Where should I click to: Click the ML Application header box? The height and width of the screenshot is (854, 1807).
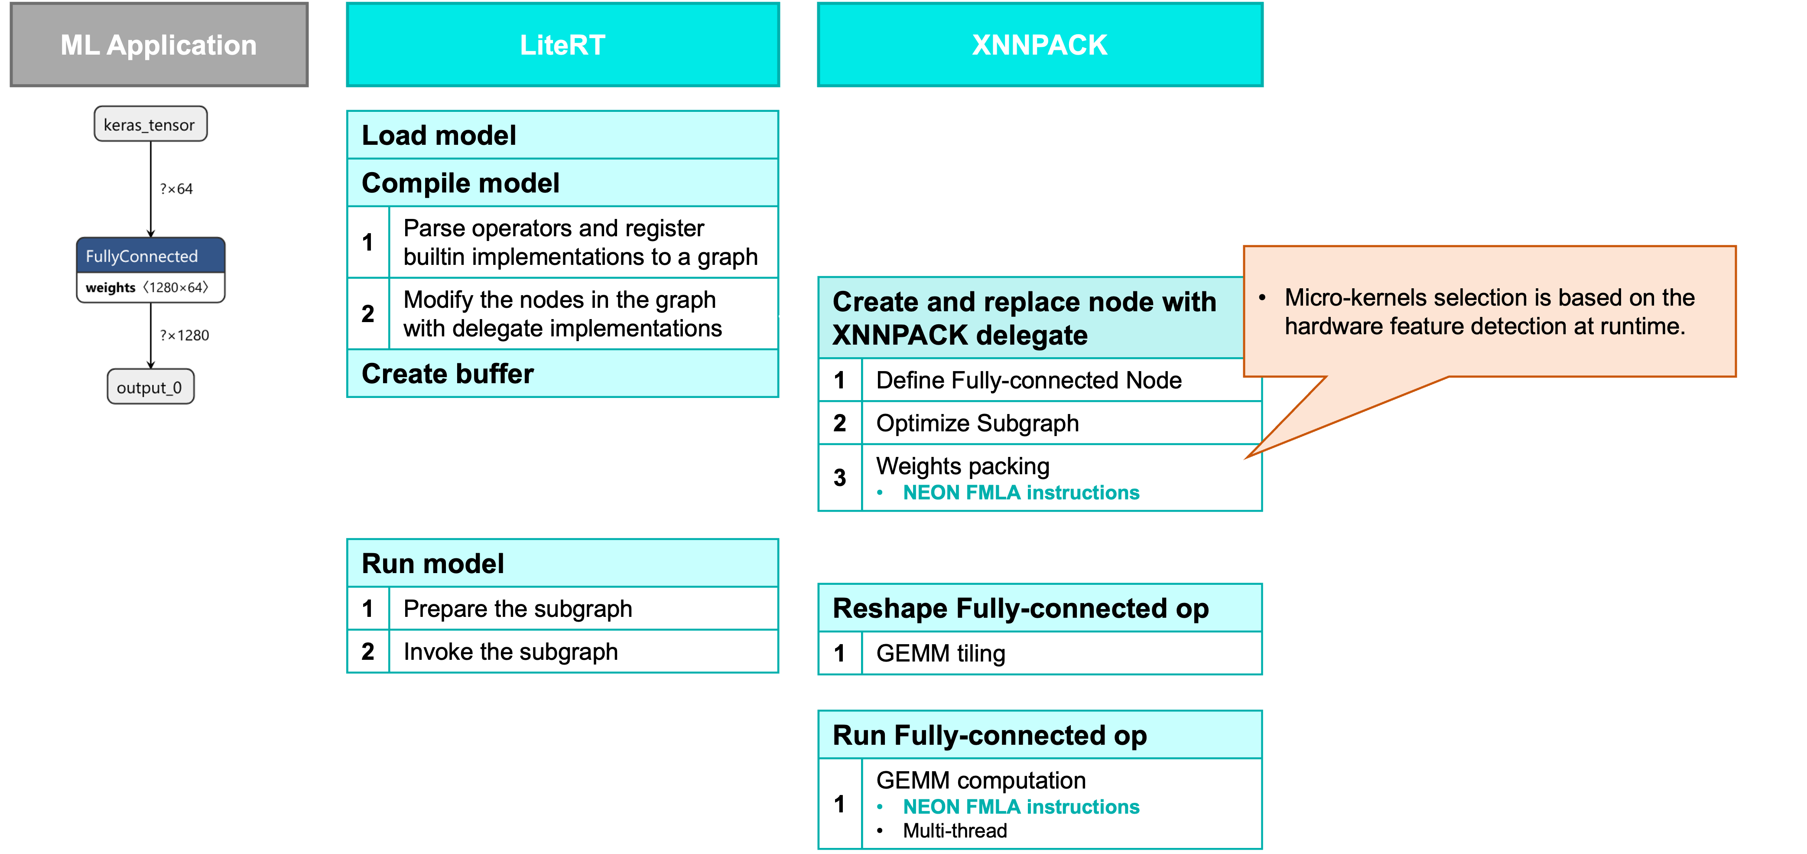click(159, 45)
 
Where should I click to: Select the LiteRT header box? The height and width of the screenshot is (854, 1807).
click(562, 45)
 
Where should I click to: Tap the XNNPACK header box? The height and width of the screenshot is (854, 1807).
click(1040, 45)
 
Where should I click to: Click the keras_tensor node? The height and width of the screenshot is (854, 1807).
click(150, 124)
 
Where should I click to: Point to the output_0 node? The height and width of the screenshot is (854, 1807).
click(150, 388)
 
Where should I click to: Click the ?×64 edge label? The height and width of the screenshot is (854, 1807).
click(176, 189)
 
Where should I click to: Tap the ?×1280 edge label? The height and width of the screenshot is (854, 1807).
click(185, 336)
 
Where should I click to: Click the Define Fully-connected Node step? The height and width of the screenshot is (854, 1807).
click(1028, 380)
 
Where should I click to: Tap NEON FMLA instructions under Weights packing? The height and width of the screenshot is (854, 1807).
click(1020, 492)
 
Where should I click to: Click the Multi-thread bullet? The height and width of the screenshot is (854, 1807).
click(955, 831)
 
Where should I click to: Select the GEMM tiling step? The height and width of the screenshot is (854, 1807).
click(941, 653)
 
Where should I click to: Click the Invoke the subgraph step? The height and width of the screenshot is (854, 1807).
click(510, 652)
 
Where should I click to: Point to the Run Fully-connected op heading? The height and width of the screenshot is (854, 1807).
click(989, 735)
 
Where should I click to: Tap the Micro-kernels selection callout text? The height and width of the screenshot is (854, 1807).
click(1488, 312)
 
